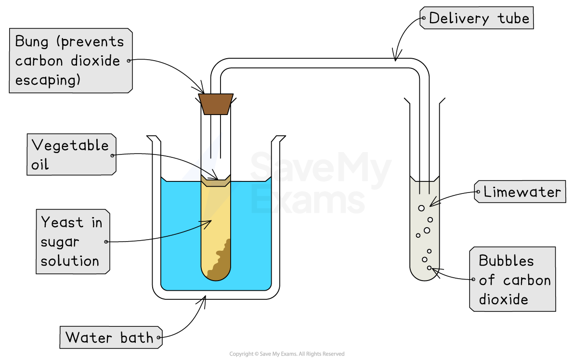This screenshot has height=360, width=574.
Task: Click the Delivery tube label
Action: tap(477, 18)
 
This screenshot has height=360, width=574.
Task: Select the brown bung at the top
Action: tap(216, 104)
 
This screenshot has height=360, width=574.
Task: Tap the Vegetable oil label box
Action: tap(71, 154)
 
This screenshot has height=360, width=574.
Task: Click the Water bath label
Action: tap(110, 337)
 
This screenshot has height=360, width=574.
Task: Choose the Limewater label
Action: tap(522, 192)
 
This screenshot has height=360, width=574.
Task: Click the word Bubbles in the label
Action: tap(506, 261)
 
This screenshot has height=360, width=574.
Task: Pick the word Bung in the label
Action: tap(32, 42)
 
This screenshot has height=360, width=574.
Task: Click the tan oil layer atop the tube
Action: tap(216, 182)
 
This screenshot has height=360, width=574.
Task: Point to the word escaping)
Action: tap(48, 80)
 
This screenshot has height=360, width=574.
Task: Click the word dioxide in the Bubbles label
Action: tap(503, 299)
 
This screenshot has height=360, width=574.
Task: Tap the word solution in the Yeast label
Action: tap(70, 261)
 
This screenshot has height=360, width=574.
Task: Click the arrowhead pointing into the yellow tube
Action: tap(208, 222)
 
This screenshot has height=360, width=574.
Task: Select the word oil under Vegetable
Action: tap(40, 165)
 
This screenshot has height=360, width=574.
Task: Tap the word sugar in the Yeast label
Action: tap(60, 242)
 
